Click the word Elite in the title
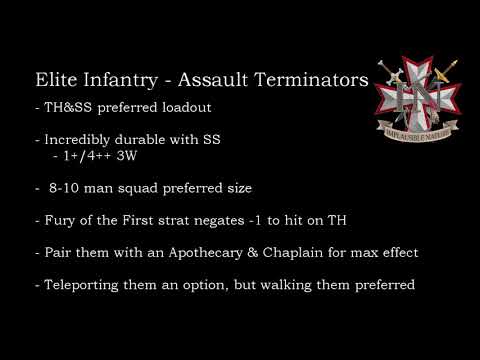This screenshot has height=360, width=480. [54, 79]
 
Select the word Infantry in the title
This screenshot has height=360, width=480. [118, 79]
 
